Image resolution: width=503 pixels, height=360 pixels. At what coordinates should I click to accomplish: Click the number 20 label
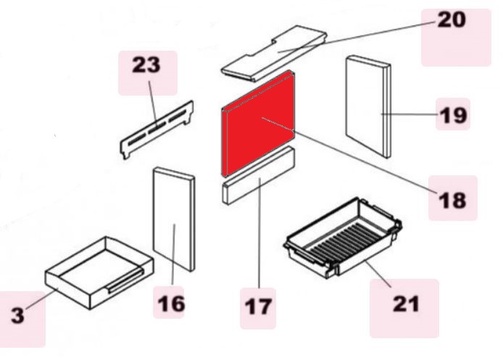point(452,20)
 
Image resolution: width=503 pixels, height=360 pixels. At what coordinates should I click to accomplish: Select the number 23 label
point(146,64)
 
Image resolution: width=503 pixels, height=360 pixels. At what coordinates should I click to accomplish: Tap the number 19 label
point(453,115)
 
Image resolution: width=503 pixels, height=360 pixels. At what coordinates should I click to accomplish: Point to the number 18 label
point(452,201)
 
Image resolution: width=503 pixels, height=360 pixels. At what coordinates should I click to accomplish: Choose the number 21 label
point(406,304)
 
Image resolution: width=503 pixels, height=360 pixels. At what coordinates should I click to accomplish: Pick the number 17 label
point(258,306)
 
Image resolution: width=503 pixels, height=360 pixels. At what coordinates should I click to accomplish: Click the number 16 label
point(171,304)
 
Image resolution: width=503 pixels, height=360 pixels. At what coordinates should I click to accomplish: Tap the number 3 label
point(17,315)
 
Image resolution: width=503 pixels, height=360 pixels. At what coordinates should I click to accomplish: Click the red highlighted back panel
point(258,123)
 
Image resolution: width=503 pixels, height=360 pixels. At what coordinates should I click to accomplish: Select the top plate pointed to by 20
point(274,54)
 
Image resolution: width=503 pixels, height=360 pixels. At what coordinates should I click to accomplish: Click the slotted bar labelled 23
point(157,130)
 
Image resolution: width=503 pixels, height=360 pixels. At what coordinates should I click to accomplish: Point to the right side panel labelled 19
point(368,106)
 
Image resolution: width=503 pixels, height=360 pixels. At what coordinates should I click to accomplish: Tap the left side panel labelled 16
point(174,219)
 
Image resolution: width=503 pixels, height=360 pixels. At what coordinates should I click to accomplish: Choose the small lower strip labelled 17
point(258,175)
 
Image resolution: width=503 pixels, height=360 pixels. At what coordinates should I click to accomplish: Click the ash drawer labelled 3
point(99,272)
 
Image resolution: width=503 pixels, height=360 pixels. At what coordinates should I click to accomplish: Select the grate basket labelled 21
point(343,238)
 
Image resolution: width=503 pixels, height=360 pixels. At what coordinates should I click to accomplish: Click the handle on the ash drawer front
point(125,281)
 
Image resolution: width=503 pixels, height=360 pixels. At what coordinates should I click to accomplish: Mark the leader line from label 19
point(410,114)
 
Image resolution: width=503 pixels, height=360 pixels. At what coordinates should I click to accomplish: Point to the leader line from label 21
point(378,274)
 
